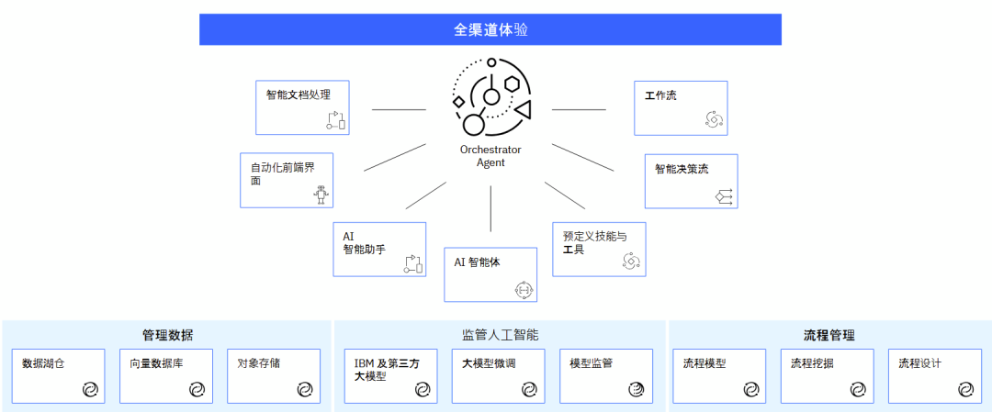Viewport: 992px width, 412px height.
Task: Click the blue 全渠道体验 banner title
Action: (490, 29)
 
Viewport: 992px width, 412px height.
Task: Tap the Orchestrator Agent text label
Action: (490, 156)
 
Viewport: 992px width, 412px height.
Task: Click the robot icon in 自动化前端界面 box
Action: (321, 195)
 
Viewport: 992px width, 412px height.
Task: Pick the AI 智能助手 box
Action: (378, 249)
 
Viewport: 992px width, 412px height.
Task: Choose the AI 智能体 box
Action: (490, 273)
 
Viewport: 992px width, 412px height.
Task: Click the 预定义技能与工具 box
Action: (598, 249)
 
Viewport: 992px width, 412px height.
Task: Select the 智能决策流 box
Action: (691, 180)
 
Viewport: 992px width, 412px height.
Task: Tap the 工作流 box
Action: (681, 107)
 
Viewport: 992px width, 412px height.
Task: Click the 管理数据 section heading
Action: (167, 335)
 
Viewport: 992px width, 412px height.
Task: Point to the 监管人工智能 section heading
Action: (500, 335)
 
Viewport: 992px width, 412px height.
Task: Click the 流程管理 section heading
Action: (829, 335)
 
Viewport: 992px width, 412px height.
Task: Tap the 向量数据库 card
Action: (165, 375)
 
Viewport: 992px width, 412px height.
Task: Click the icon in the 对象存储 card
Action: (304, 390)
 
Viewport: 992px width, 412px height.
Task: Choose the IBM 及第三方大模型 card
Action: (389, 375)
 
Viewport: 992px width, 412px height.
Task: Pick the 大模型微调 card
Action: (498, 375)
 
